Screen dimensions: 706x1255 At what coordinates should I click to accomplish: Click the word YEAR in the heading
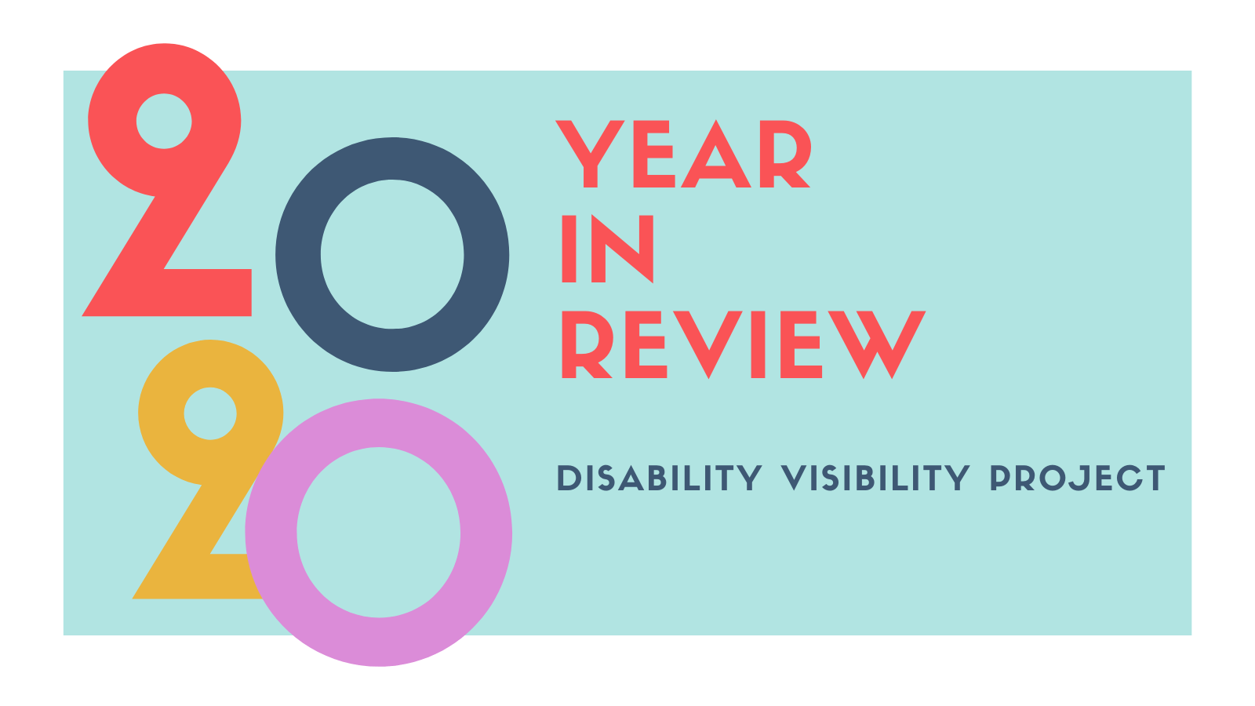click(682, 155)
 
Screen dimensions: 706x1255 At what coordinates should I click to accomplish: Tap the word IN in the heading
click(607, 249)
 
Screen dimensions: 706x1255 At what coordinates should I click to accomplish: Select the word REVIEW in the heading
click(742, 344)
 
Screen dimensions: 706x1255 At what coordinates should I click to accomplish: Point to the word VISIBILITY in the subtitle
click(875, 479)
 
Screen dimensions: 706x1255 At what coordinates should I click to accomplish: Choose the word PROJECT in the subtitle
click(1077, 479)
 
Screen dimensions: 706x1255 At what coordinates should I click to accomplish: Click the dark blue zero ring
click(296, 255)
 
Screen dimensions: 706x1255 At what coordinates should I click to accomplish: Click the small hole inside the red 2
click(164, 122)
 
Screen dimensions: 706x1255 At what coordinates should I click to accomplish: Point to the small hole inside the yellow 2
click(210, 413)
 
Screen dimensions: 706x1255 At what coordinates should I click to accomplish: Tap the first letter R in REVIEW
click(584, 344)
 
